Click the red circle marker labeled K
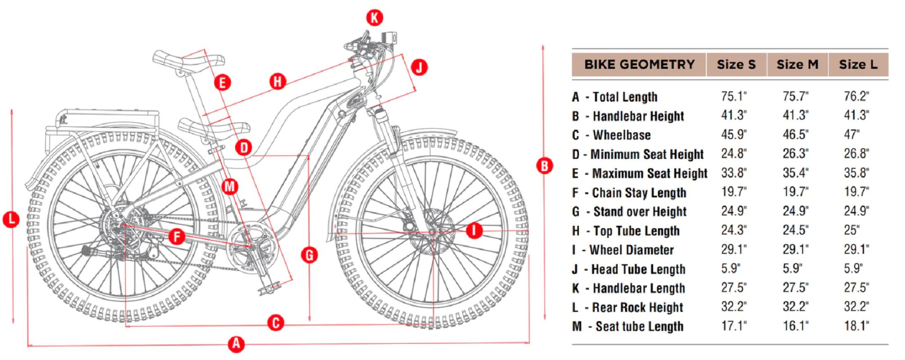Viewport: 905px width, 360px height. pyautogui.click(x=374, y=18)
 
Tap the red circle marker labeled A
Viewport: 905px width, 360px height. pyautogui.click(x=236, y=344)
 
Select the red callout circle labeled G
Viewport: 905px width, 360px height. pyautogui.click(x=309, y=255)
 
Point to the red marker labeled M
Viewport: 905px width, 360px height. pyautogui.click(x=229, y=186)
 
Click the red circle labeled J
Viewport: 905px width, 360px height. pyautogui.click(x=419, y=67)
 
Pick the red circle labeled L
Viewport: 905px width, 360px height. pyautogui.click(x=11, y=220)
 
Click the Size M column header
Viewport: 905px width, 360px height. pyautogui.click(x=797, y=64)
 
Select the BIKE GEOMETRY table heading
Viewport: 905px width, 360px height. pyautogui.click(x=639, y=64)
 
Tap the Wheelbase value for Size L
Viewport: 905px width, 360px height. pyautogui.click(x=851, y=135)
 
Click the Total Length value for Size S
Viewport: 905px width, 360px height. pyautogui.click(x=734, y=96)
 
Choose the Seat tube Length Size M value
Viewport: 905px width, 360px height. pyautogui.click(x=795, y=326)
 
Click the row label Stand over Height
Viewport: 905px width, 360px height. pyautogui.click(x=640, y=211)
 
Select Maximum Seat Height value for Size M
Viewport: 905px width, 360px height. pyautogui.click(x=795, y=173)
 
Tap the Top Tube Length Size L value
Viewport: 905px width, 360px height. pyautogui.click(x=851, y=230)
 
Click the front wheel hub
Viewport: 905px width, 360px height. pyautogui.click(x=432, y=233)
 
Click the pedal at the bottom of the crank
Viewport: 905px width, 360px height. pyautogui.click(x=269, y=287)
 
